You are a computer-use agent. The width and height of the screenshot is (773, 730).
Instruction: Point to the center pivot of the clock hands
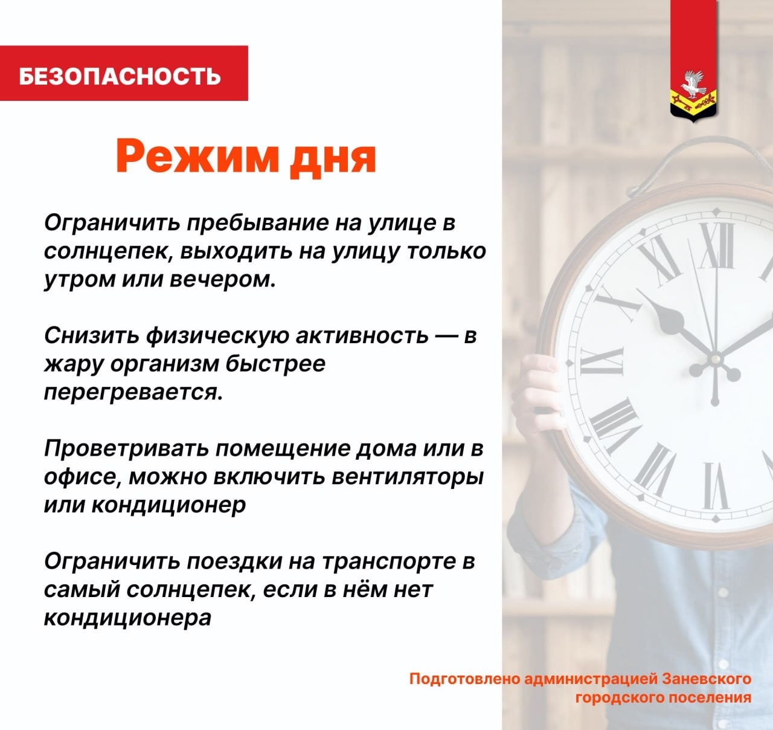pos(716,357)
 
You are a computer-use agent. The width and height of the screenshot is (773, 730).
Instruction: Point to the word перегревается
pos(133,393)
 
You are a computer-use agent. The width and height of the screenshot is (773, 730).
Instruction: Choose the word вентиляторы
pos(408,477)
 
